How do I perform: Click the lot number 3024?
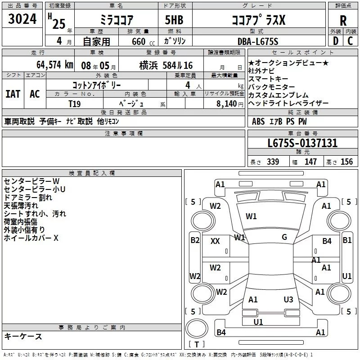click(x=22, y=20)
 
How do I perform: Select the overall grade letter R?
click(x=343, y=21)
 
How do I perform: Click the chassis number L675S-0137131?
click(x=302, y=143)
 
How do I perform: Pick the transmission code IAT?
click(x=13, y=94)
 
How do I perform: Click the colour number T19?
click(x=75, y=103)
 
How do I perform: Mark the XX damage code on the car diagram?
click(x=215, y=241)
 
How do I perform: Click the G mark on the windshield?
click(x=284, y=237)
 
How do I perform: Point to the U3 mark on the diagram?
click(x=288, y=299)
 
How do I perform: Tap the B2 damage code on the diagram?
click(x=194, y=240)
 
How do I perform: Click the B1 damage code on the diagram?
click(x=347, y=240)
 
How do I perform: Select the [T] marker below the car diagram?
click(x=197, y=345)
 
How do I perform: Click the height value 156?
click(x=346, y=162)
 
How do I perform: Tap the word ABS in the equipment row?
click(x=258, y=121)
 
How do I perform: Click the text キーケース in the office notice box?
click(x=23, y=336)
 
